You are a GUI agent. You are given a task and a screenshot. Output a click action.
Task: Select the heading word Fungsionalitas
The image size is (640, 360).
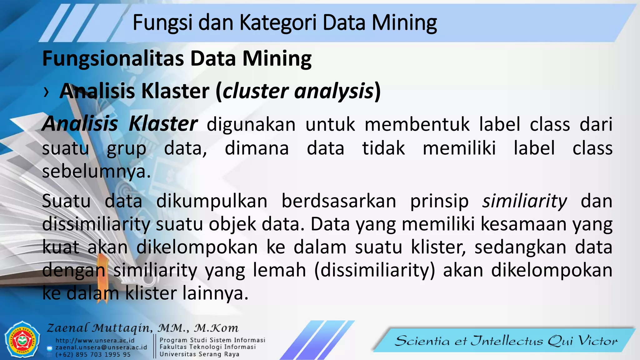pos(113,59)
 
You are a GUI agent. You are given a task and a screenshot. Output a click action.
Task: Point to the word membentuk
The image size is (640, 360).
pos(417,124)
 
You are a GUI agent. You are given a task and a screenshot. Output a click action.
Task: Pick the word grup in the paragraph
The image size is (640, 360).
pos(126,149)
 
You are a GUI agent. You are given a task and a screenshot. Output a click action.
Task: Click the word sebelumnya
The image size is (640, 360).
pos(96,172)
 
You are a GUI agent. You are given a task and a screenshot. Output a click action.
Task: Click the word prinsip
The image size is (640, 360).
pos(439,202)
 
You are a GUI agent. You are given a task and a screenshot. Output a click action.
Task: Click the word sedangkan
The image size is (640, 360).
pos(520,247)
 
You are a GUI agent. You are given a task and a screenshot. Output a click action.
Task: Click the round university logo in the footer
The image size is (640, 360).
pos(22,340)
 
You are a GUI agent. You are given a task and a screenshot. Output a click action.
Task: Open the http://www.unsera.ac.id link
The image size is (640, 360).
pos(95,341)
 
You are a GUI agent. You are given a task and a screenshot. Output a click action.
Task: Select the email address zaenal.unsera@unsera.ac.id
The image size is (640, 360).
pos(101,347)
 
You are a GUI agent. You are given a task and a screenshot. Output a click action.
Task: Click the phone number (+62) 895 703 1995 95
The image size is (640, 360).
pos(93,355)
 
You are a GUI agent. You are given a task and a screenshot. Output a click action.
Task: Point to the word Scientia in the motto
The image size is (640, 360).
pos(422,341)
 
